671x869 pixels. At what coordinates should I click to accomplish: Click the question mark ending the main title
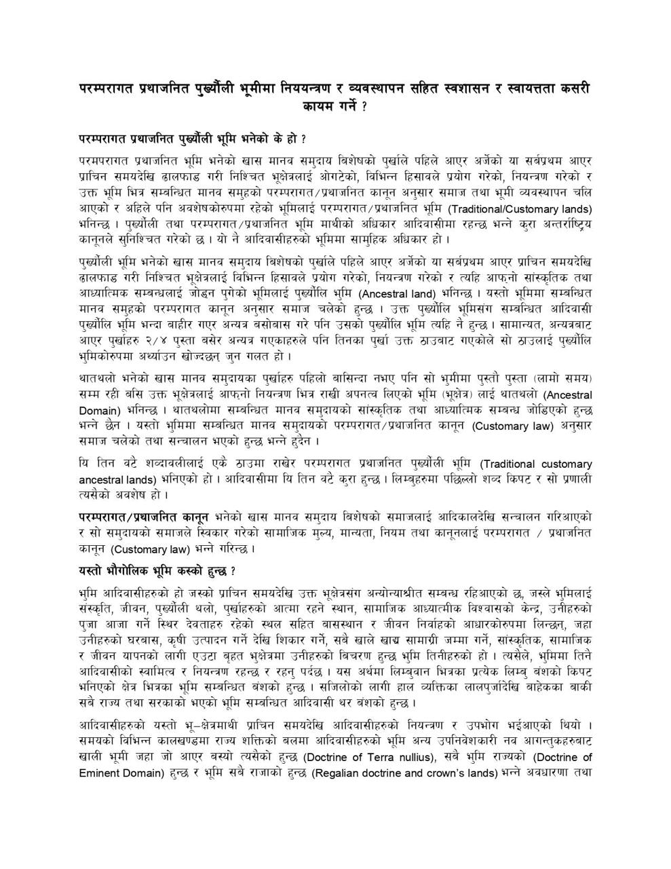tap(365, 107)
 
